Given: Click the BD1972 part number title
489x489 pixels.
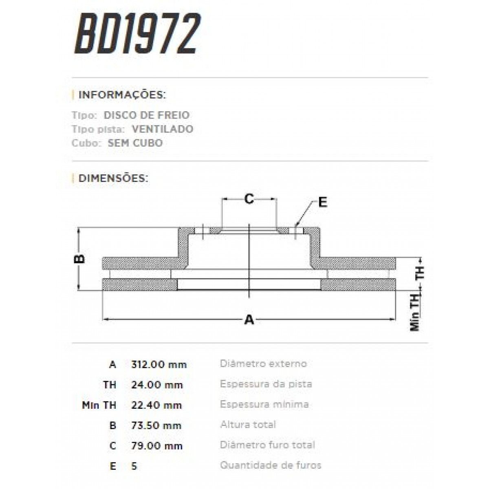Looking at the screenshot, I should point(137,35).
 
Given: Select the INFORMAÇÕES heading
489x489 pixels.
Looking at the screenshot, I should point(122,95).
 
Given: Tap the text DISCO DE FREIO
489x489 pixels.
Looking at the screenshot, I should point(147,115).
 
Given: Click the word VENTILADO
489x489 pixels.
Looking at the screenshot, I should point(163,129).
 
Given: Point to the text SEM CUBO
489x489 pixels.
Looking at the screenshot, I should point(135,143).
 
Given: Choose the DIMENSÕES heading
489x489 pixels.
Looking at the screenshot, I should point(113,178).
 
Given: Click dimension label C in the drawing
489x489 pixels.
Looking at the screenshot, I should point(249,199).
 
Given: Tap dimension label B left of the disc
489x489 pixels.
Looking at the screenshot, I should point(81,259).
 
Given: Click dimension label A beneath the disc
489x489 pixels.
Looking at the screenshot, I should point(249,320).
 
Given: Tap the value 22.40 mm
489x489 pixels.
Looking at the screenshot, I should point(157,405).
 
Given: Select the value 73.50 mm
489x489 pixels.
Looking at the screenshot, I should point(157,425).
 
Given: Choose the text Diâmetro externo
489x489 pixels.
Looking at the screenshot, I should point(263,363).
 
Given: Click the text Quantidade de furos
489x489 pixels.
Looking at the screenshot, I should point(271,465).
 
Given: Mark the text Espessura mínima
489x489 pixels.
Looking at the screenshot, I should point(264,404).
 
